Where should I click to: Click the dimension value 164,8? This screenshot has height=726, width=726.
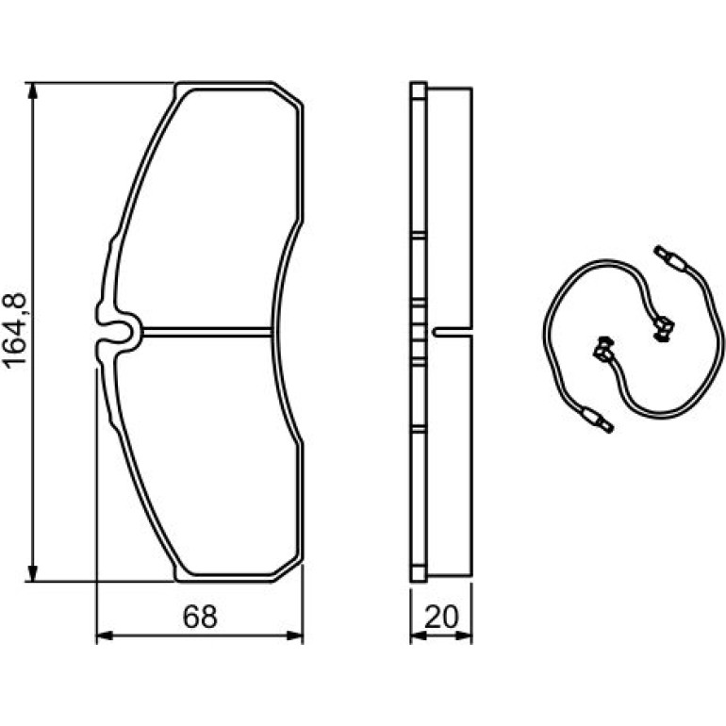(15, 332)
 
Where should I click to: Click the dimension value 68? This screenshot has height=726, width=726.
(200, 617)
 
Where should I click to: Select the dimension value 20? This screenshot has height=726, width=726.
(441, 617)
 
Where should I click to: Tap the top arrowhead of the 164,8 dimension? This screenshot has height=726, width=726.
(32, 91)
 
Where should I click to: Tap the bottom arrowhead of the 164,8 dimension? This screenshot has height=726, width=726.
(32, 572)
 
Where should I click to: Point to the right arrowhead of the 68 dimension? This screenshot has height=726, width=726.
(294, 635)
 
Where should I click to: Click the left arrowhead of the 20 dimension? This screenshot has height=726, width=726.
(418, 635)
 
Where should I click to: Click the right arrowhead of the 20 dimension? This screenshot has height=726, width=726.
(464, 635)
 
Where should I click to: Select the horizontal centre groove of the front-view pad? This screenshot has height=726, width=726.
(207, 331)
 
